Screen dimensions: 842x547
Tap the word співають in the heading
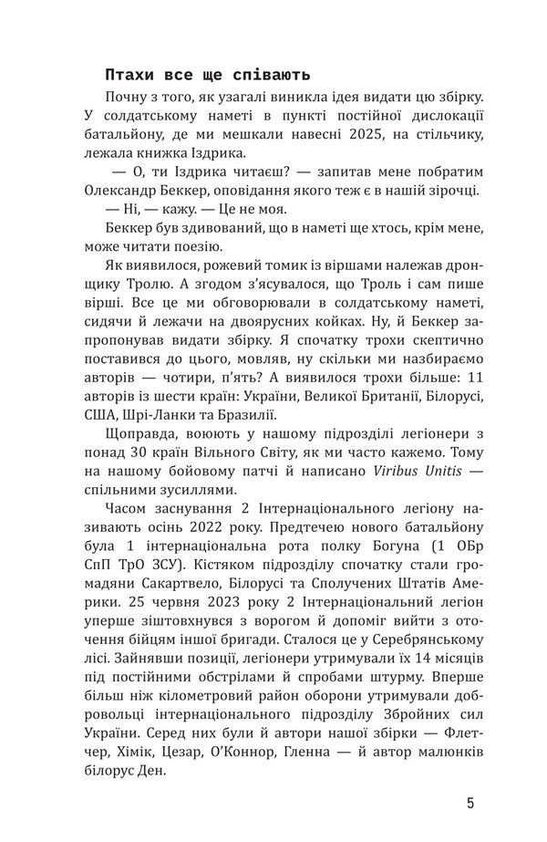(x=274, y=74)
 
